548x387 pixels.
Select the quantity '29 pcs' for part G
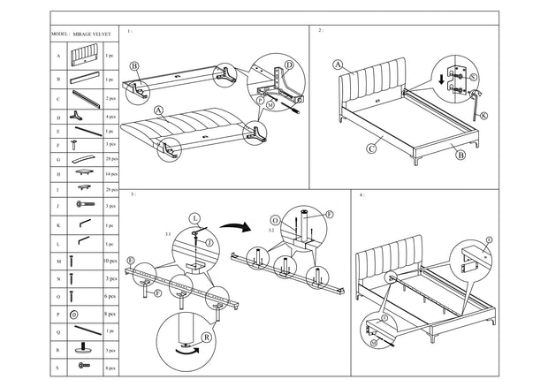click(x=110, y=159)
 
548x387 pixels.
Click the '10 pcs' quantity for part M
click(x=110, y=261)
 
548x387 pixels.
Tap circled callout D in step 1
click(x=288, y=64)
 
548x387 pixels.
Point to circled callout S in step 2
click(x=474, y=78)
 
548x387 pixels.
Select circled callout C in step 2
click(x=371, y=150)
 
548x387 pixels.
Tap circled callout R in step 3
click(x=206, y=336)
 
